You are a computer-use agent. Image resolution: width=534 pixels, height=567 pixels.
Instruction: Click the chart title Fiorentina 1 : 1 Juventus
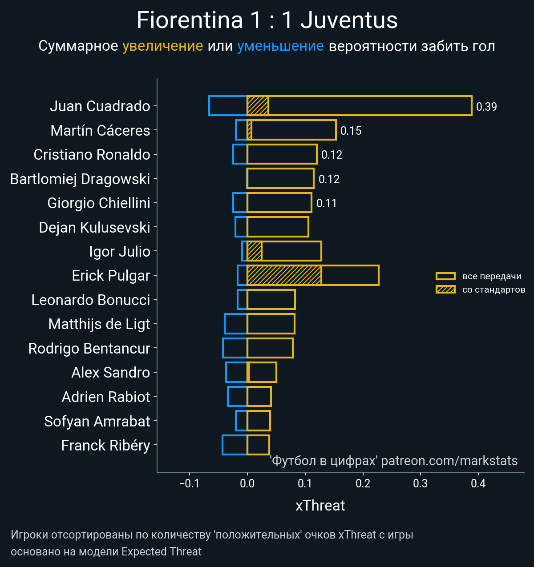tap(267, 20)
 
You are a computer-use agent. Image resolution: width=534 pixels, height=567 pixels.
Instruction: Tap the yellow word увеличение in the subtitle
tap(162, 46)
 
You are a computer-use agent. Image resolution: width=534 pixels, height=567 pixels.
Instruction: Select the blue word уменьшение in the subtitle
tap(280, 46)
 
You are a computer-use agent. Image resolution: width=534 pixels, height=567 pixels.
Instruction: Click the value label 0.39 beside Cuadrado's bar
tap(486, 107)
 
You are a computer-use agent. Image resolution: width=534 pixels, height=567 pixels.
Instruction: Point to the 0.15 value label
tap(351, 131)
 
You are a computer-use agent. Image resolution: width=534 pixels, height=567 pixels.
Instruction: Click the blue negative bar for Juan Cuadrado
tap(228, 106)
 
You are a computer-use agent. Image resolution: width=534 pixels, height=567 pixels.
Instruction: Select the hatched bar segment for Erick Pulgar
tap(284, 275)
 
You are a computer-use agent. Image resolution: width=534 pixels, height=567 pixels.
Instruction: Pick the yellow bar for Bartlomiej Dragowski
tap(280, 178)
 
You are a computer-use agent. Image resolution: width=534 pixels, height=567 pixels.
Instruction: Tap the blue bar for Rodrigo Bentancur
tap(235, 348)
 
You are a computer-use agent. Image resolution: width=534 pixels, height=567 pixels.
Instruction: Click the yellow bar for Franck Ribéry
tap(258, 445)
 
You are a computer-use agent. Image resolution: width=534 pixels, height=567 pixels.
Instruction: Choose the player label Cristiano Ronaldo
tap(92, 155)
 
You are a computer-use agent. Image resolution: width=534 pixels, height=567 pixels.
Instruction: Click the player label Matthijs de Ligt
tap(99, 324)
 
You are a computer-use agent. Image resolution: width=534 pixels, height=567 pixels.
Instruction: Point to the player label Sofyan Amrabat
tap(97, 421)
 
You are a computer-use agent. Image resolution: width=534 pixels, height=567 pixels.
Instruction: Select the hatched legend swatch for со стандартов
tap(445, 290)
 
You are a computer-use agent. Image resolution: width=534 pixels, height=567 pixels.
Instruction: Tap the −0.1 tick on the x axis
tap(189, 483)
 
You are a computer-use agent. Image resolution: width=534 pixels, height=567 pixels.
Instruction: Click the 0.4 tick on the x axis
tap(478, 483)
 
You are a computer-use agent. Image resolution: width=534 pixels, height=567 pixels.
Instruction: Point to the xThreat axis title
tap(320, 506)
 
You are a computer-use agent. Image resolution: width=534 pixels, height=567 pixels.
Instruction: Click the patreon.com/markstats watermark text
tap(449, 461)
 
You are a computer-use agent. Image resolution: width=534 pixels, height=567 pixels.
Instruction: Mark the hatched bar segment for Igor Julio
tap(254, 251)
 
